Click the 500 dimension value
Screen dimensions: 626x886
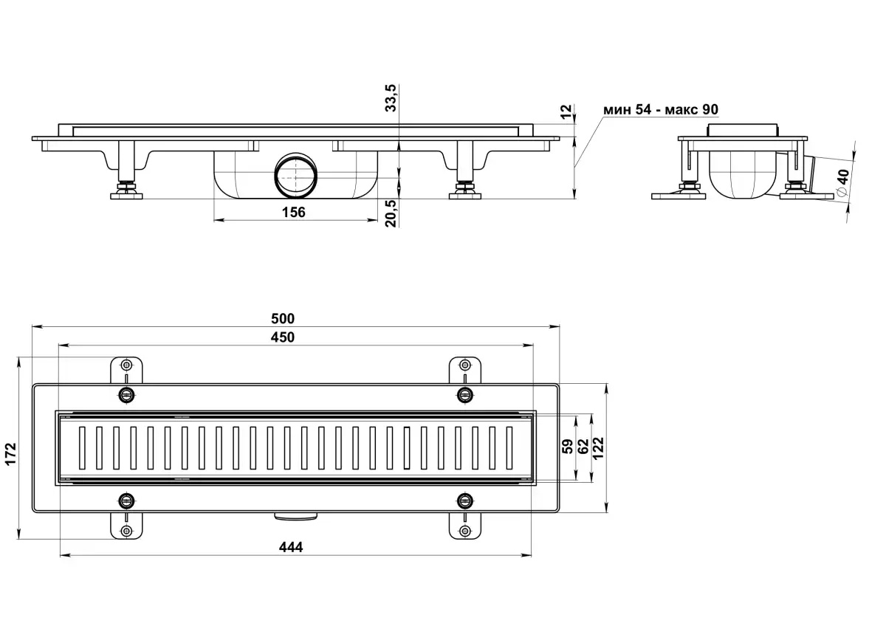coord(282,319)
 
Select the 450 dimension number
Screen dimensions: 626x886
coord(282,337)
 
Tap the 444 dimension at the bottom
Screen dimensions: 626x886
coord(291,547)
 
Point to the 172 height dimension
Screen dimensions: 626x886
coord(10,453)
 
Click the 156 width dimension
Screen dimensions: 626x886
coord(293,213)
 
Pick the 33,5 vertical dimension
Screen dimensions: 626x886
coord(392,97)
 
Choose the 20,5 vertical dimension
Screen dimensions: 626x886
coord(392,213)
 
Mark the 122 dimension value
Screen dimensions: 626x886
coord(599,448)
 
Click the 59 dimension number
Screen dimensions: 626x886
coord(568,447)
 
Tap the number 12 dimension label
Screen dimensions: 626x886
coord(566,111)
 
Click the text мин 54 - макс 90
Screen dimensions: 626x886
coord(660,110)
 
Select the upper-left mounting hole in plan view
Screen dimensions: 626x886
coord(127,365)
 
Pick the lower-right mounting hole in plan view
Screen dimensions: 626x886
coord(464,530)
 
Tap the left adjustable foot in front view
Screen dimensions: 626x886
coord(127,190)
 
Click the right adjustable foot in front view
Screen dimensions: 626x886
coord(465,190)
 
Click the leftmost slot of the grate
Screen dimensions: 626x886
coord(81,447)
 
